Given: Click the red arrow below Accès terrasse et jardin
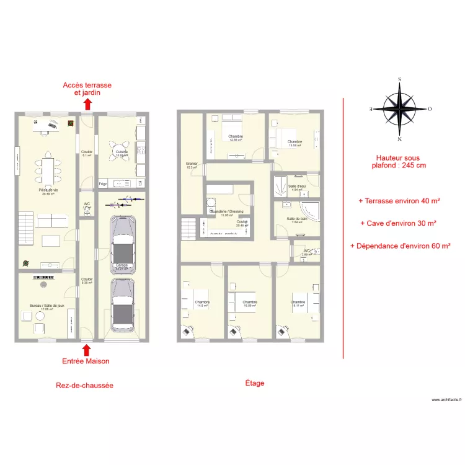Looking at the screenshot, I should click(87, 104).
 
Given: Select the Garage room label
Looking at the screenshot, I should click(121, 266).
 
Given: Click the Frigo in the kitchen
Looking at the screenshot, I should click(103, 184).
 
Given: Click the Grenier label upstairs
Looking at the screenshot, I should click(192, 165).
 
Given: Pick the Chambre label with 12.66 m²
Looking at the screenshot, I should click(235, 138).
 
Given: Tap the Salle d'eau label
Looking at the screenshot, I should click(297, 187).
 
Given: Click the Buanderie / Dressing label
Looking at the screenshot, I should click(226, 213).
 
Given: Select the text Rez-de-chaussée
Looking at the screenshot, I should click(84, 385).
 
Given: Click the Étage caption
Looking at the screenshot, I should click(254, 383).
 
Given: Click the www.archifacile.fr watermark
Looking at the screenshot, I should click(446, 401).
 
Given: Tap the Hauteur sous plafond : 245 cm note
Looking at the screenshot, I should click(398, 162).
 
